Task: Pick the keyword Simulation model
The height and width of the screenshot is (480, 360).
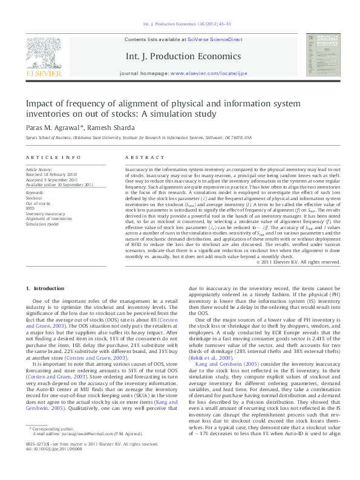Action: point(41,224)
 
